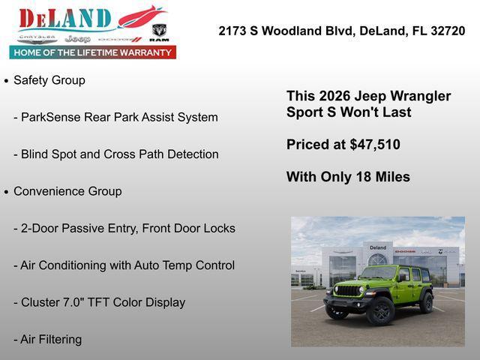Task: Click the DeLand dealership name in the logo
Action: pos(66,18)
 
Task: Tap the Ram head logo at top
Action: pos(159,31)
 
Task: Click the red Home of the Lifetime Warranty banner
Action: pos(93,52)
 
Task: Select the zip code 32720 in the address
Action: pos(447,31)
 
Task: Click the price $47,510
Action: pos(375,145)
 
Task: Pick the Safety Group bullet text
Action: pos(49,80)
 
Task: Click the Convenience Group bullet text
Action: pos(67,191)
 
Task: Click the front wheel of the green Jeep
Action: pos(381,310)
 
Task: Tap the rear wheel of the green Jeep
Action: pos(426,302)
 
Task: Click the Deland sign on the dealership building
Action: pos(378,247)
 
